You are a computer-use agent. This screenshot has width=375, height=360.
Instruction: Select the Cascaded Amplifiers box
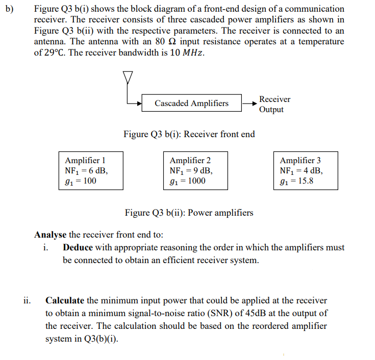point(191,104)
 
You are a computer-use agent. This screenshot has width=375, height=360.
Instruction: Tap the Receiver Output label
point(274,105)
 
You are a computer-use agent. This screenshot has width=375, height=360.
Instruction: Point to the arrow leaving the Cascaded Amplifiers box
point(249,104)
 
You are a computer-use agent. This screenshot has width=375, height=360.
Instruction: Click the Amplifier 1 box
point(90,170)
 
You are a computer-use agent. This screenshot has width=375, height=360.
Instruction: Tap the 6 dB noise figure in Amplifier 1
point(97,170)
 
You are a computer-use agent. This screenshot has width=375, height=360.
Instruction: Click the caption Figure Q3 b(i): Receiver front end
point(189,134)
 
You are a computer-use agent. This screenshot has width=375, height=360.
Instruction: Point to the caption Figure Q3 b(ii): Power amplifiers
point(189,213)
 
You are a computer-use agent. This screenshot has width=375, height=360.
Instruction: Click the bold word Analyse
point(50,235)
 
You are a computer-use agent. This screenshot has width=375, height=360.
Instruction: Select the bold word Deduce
point(78,247)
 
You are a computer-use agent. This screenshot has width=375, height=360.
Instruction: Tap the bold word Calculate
point(65,300)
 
